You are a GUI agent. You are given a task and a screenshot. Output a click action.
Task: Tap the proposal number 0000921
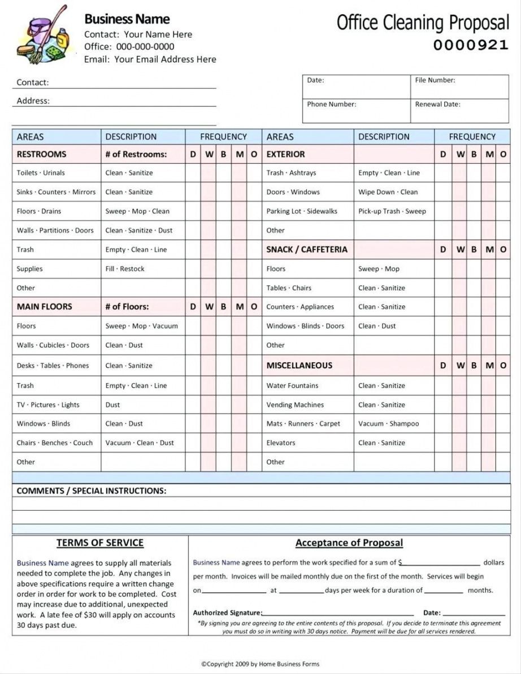click(471, 45)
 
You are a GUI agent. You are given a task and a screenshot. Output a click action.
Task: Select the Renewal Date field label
click(437, 104)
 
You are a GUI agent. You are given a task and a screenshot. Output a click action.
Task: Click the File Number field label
click(435, 80)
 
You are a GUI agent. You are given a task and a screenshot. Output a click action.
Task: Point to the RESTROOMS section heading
click(41, 154)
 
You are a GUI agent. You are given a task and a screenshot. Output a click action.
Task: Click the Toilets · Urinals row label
click(41, 173)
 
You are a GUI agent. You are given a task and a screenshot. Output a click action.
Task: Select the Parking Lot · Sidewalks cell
click(302, 211)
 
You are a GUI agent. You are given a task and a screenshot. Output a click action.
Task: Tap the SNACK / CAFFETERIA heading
click(307, 250)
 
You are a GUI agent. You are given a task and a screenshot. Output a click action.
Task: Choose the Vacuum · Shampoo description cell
click(388, 424)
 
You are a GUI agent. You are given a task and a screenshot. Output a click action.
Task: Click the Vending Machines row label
click(295, 405)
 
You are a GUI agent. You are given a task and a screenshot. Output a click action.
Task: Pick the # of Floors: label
click(127, 307)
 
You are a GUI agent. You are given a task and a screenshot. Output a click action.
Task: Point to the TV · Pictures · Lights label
click(48, 405)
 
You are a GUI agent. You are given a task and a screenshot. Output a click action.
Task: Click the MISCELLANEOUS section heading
click(299, 366)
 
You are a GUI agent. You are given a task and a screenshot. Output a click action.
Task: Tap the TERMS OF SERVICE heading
click(100, 543)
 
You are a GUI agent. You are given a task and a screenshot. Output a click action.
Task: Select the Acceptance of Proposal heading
click(349, 543)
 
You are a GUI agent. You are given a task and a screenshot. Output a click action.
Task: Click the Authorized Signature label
click(227, 613)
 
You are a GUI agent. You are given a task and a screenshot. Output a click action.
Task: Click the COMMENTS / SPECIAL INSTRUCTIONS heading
click(92, 491)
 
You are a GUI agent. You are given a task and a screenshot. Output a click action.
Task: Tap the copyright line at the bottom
click(260, 664)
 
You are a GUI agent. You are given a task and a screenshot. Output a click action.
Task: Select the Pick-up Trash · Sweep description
click(392, 211)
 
